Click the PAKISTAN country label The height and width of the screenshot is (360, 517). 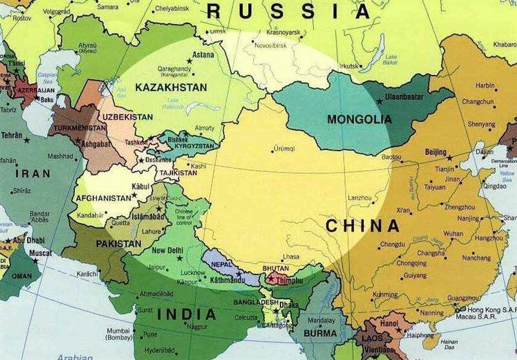click(118, 244)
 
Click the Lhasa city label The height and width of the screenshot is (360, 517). click(290, 257)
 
